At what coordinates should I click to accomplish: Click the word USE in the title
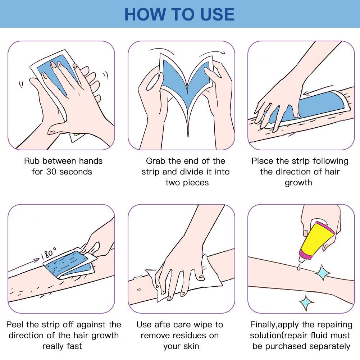point(217,14)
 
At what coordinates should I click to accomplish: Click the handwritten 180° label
point(49,253)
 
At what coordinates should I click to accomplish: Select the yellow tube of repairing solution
point(316,240)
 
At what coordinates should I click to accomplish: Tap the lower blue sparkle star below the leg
point(306,303)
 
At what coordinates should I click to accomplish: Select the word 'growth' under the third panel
point(298,183)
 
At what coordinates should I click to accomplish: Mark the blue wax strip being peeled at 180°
point(69,264)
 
